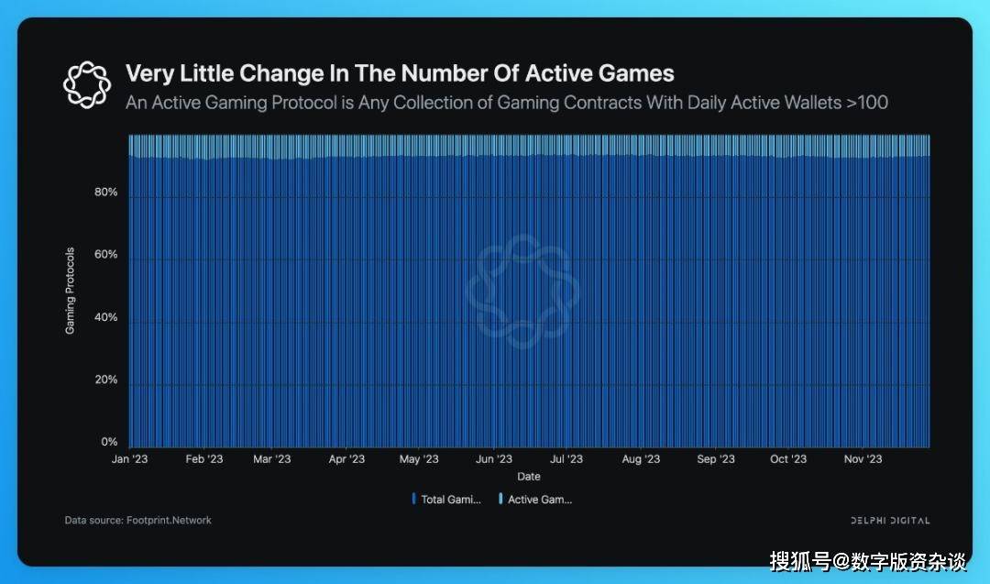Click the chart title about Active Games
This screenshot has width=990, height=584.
400,73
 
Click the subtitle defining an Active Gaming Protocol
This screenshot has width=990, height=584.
506,102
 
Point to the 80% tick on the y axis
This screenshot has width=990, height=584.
105,193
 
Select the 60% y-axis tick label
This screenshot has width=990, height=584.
105,255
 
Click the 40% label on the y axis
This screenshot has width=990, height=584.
105,317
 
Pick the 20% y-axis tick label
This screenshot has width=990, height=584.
105,380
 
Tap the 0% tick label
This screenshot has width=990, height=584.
109,442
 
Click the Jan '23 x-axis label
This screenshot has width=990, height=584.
129,459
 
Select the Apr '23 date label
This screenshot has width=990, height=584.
346,459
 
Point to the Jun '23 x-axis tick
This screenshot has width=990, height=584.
494,459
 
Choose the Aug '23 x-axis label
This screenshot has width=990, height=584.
640,459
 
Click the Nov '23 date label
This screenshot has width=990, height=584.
862,459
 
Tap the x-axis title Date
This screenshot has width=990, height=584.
529,477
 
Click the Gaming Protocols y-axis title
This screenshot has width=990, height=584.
71,291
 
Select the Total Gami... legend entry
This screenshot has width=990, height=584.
448,500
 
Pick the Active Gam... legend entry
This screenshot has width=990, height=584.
537,500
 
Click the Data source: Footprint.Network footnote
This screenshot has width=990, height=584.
137,520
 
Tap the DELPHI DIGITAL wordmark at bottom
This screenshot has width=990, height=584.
889,521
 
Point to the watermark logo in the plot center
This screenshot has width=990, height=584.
522,290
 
